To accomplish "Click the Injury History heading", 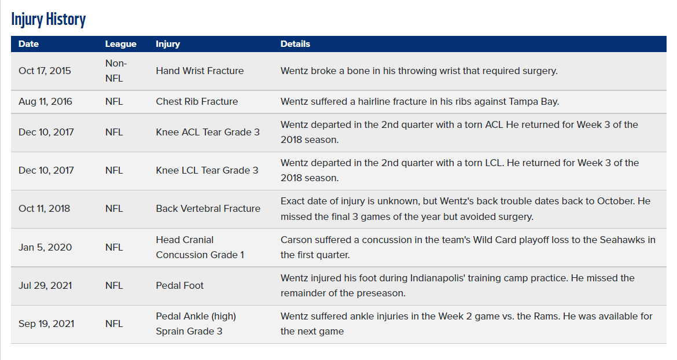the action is (x=49, y=20).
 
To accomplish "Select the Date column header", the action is (x=28, y=44).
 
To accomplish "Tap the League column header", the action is (x=121, y=44).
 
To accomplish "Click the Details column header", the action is (x=295, y=44).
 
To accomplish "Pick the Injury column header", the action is (x=168, y=44).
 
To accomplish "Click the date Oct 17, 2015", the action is (x=45, y=71).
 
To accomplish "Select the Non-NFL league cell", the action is (x=116, y=71).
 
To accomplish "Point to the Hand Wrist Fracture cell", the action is (x=200, y=71).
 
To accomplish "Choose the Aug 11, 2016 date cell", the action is (x=45, y=101).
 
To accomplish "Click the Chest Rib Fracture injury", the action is (x=197, y=101).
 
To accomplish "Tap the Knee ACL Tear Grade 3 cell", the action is (x=208, y=132).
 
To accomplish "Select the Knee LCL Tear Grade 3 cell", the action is (x=207, y=171).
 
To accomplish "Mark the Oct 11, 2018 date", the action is (x=44, y=208).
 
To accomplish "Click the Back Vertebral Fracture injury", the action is (x=208, y=208).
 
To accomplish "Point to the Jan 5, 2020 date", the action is (x=45, y=247).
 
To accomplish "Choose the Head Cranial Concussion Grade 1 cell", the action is (x=200, y=247).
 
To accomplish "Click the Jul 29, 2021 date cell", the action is (x=45, y=286).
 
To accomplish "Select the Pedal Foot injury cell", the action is (x=179, y=286).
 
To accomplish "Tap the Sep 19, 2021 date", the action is (x=46, y=324).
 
